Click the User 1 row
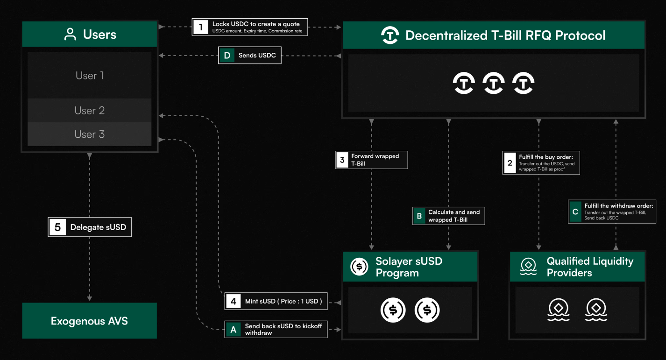[x=89, y=76]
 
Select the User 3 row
[x=89, y=134]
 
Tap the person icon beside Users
[x=70, y=35]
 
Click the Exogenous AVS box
[x=89, y=321]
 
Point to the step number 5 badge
[x=57, y=227]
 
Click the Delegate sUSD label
[x=98, y=227]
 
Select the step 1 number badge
[x=201, y=27]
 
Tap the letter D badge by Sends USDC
[x=227, y=56]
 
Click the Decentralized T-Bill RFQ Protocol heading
[x=505, y=35]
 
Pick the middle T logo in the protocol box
[x=494, y=84]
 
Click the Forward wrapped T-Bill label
[x=375, y=160]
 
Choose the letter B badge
[x=419, y=216]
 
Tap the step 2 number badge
[x=510, y=163]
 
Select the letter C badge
[x=575, y=212]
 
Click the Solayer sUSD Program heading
[x=409, y=267]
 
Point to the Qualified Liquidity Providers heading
[x=589, y=267]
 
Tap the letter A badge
[x=233, y=329]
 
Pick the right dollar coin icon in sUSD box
[x=427, y=310]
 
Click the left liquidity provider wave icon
[x=559, y=310]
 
